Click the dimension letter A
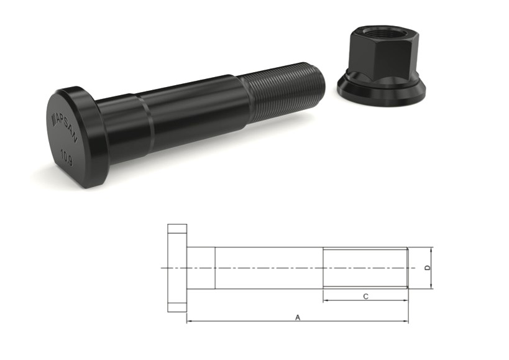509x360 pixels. point(298,317)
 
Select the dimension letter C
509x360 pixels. point(365,297)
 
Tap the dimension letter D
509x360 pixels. point(426,267)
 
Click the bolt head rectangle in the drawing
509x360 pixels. point(177,267)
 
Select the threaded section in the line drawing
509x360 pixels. point(365,267)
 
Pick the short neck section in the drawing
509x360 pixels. point(201,267)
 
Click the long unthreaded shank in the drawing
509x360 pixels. point(268,267)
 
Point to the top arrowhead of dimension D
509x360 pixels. point(431,249)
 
